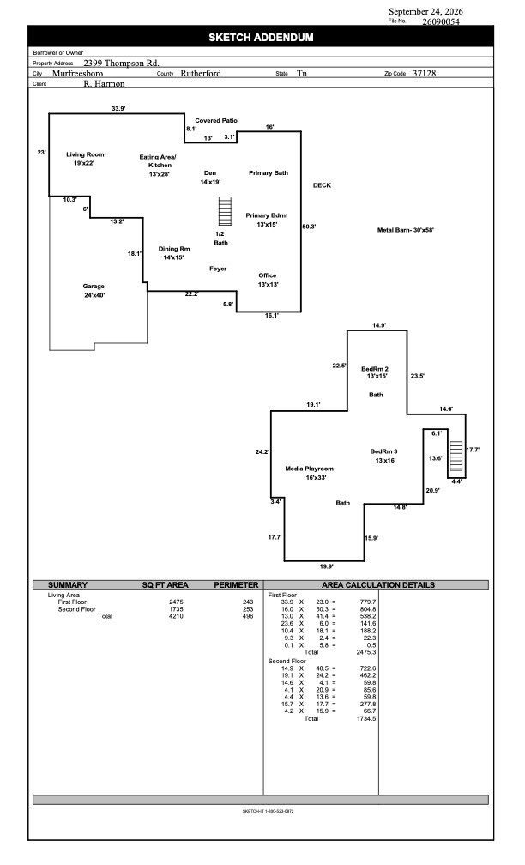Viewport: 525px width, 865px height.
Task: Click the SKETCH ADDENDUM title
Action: [261, 38]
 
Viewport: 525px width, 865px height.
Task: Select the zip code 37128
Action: [424, 74]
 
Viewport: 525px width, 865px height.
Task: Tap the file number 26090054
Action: [441, 22]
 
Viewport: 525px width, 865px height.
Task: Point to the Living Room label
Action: [85, 154]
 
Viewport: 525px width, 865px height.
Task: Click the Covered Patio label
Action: [216, 120]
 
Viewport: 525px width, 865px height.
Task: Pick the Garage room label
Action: [94, 287]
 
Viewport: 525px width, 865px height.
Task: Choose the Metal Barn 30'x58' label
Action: [405, 230]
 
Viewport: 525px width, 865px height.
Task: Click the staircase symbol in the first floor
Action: [225, 211]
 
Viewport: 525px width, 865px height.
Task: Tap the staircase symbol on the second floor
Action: [456, 455]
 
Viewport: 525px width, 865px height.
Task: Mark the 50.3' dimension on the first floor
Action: [309, 227]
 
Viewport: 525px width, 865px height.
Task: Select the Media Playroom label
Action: [310, 469]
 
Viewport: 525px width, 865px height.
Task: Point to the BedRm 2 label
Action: [375, 369]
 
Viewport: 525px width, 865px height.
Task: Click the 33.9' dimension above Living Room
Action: [118, 109]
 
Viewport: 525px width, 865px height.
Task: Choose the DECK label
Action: [322, 185]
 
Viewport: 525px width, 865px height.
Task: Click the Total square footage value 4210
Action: [176, 616]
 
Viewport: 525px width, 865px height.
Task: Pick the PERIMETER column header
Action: [236, 584]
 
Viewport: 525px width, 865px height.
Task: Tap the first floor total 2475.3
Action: [367, 652]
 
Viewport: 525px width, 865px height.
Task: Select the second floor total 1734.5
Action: [367, 719]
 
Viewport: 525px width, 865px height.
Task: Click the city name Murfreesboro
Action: [78, 74]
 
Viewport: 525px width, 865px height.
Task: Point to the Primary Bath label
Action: [269, 173]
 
